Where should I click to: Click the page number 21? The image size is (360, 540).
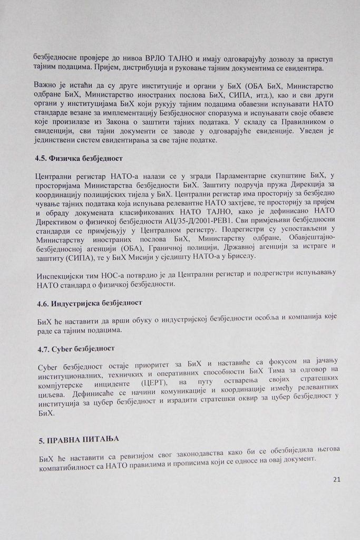click(337, 480)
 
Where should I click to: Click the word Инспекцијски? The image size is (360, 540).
click(60, 276)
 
